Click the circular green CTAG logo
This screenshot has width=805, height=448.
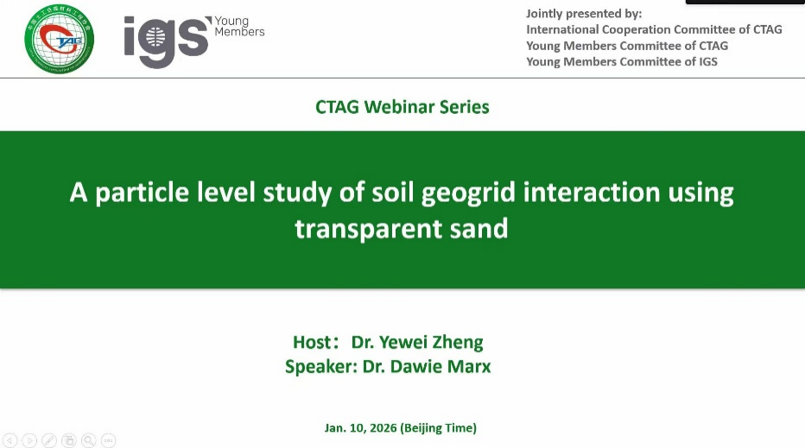coord(59,39)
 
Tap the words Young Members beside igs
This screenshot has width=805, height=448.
coord(239,26)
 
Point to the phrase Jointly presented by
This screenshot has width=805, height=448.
coord(584,13)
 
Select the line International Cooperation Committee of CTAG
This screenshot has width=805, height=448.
coord(654,29)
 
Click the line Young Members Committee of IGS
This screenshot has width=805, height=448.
coord(622,61)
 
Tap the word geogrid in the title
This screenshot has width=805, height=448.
coord(468,193)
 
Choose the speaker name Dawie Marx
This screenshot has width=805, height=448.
coord(441,366)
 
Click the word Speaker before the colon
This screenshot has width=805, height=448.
coord(319,367)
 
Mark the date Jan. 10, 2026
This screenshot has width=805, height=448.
coord(360,428)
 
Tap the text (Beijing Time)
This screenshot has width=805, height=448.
coord(439,428)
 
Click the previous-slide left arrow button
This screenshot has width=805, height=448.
coord(10,440)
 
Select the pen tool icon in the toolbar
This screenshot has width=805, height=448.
coord(48,440)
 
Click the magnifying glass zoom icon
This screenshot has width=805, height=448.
coord(88,440)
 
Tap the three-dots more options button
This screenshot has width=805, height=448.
coord(108,440)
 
